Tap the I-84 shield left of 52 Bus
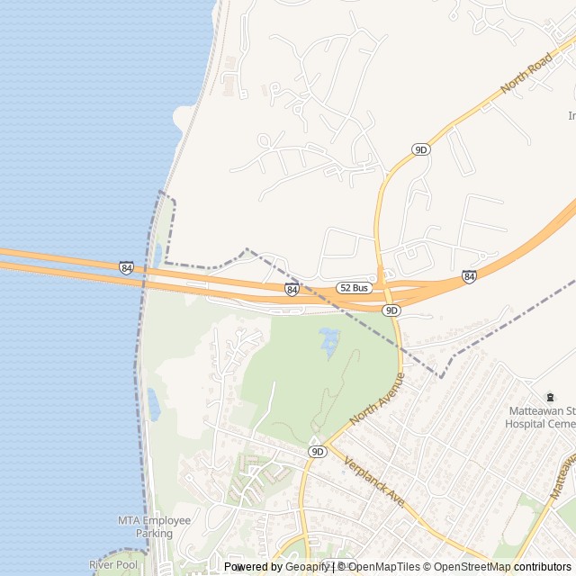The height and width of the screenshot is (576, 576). [x=292, y=289]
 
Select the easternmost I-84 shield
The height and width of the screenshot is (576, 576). [x=469, y=275]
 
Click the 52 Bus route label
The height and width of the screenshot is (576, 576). [x=355, y=288]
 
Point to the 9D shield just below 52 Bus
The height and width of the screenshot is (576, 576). [x=391, y=310]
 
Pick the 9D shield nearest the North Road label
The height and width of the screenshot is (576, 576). [x=420, y=149]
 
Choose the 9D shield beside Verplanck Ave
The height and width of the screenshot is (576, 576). [x=316, y=451]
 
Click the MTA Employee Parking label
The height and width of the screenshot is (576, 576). [x=154, y=526]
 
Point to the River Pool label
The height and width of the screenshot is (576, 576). [x=113, y=564]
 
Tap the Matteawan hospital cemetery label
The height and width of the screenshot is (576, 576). [x=540, y=416]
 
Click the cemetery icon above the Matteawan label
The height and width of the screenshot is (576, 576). [x=550, y=397]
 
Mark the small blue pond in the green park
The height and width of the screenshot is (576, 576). [x=329, y=340]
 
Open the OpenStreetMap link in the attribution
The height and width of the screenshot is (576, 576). [x=467, y=567]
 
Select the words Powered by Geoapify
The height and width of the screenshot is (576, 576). [x=277, y=567]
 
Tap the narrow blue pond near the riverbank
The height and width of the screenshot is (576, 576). [x=153, y=405]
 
